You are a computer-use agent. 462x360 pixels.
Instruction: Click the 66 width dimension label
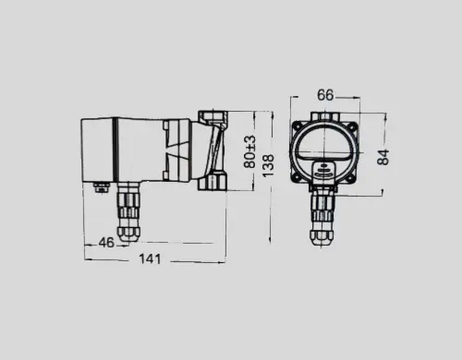coord(325,95)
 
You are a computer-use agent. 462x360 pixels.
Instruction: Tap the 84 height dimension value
coord(383,157)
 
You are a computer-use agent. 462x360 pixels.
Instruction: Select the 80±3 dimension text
coord(249,151)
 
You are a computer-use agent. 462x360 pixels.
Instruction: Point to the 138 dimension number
coord(268,165)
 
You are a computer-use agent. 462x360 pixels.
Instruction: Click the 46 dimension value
coord(106,243)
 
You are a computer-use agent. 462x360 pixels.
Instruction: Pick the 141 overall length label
coord(150,258)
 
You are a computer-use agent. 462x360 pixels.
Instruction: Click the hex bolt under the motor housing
coord(103,186)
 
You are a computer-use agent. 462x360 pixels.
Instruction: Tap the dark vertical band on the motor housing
coord(115,150)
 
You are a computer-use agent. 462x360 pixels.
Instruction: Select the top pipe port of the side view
coord(213,117)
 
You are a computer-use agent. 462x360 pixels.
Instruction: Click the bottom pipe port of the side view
coord(213,182)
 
